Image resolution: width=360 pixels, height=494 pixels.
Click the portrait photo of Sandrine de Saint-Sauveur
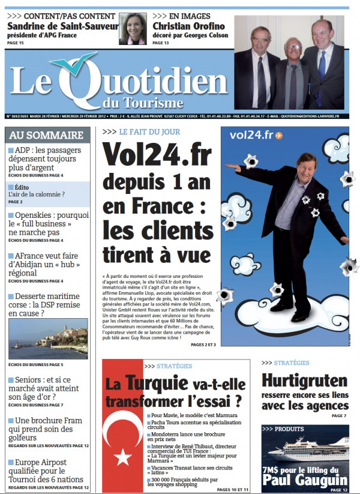point(133,29)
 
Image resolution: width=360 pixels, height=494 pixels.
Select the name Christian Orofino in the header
point(189,26)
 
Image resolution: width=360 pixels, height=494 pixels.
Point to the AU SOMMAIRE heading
point(46,135)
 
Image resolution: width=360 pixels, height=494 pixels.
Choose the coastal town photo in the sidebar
point(48,339)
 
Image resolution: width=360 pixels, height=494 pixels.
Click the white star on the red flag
point(123,457)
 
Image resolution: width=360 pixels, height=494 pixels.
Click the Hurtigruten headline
point(304,381)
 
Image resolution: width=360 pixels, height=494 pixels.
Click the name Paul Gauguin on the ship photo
point(304,480)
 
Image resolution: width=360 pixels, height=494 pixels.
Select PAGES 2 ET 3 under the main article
point(203,344)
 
